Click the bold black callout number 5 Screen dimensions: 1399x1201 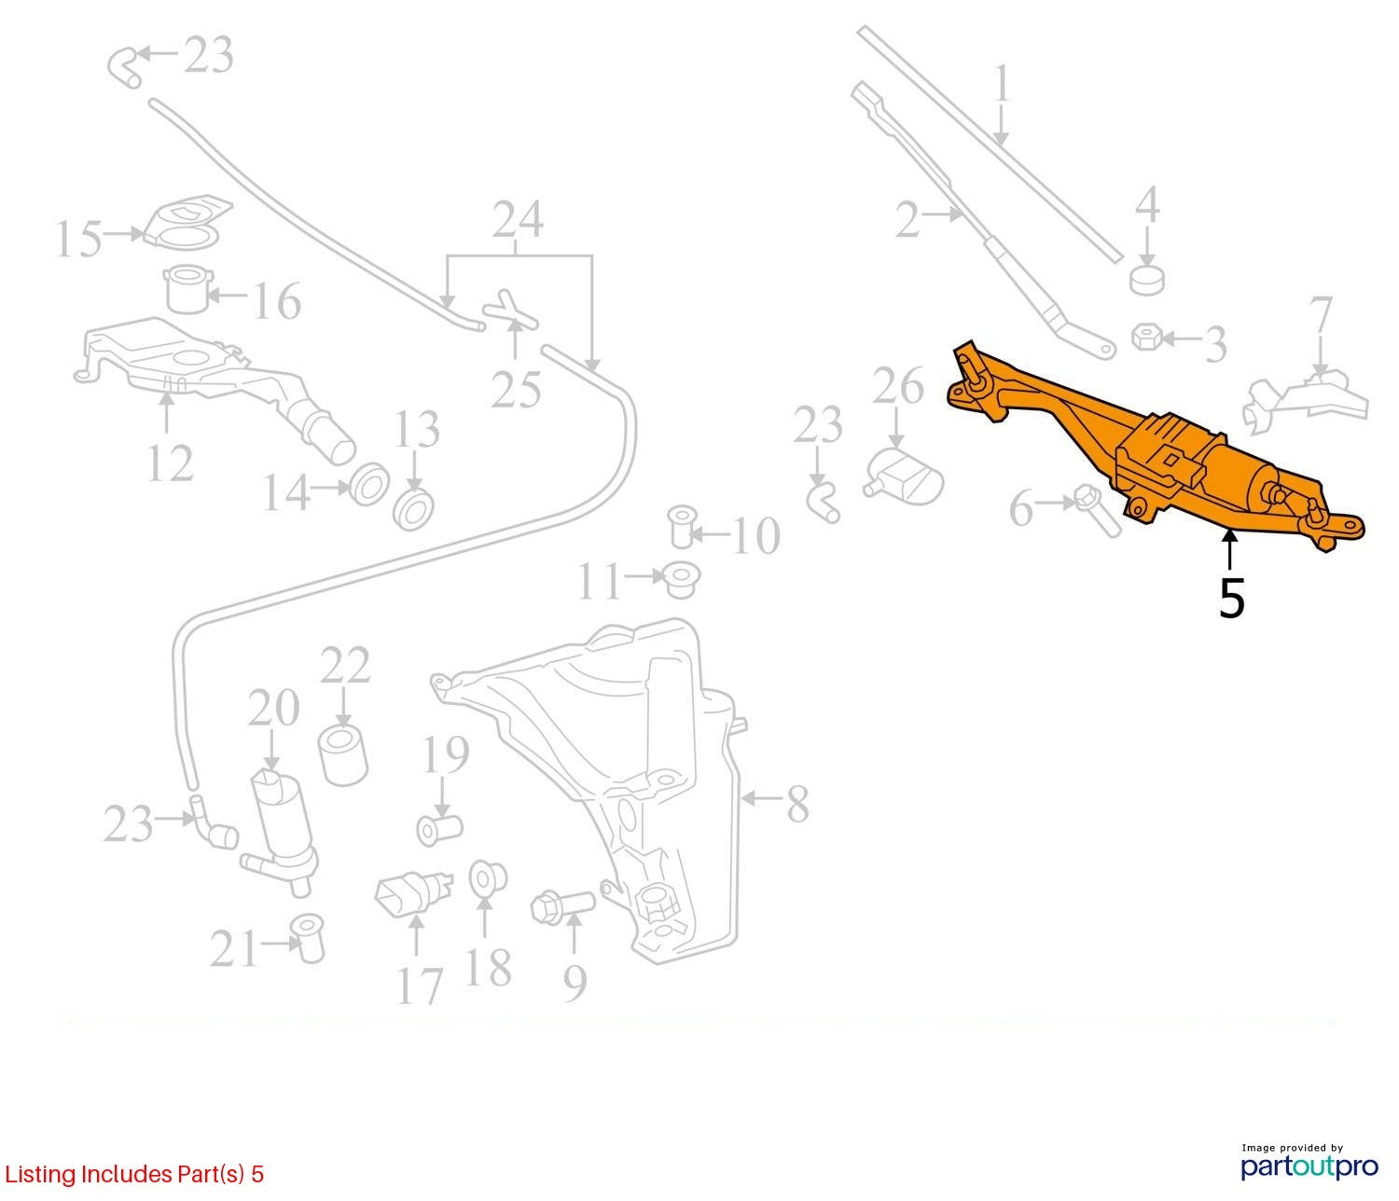[x=1231, y=598]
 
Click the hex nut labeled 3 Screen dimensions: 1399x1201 [x=1146, y=337]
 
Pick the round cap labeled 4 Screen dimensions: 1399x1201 [x=1147, y=280]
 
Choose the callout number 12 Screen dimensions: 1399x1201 [x=170, y=463]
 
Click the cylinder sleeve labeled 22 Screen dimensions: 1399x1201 [x=343, y=755]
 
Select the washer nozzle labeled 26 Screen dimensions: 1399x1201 [x=905, y=475]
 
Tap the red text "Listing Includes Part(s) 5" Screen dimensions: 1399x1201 [x=134, y=1173]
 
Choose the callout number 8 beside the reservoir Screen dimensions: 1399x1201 [x=797, y=804]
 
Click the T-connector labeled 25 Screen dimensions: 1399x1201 [x=512, y=311]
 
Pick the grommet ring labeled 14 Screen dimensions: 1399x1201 [x=367, y=485]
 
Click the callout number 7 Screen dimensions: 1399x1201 [x=1321, y=316]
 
